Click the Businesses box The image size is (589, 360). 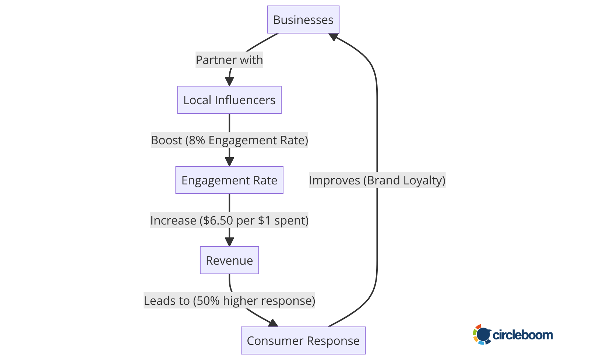(303, 20)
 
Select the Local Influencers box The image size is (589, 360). (229, 100)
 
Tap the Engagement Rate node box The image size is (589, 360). (229, 180)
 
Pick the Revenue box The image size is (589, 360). (229, 260)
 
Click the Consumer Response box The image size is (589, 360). (303, 340)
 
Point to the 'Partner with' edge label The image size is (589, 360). (229, 60)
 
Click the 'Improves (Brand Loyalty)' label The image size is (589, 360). (377, 180)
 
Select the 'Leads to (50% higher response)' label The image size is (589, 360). (229, 300)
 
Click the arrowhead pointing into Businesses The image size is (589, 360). (334, 37)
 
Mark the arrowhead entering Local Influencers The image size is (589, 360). (229, 82)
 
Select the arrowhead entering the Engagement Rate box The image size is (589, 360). (229, 162)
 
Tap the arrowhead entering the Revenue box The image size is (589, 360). (229, 242)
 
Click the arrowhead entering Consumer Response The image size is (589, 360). (273, 323)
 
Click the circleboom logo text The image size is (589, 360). (522, 335)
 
